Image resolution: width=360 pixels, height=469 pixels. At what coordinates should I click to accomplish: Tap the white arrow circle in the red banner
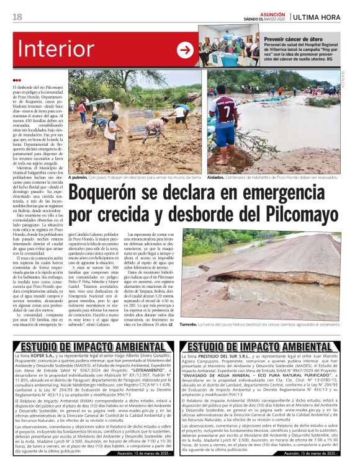pos(185,50)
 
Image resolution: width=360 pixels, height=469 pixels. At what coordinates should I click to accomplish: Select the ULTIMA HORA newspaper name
pos(322,17)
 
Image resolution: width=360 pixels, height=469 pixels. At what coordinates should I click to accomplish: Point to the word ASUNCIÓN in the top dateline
pos(273,14)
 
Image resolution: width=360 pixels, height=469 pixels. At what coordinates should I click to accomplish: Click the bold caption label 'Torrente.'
pos(188,324)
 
